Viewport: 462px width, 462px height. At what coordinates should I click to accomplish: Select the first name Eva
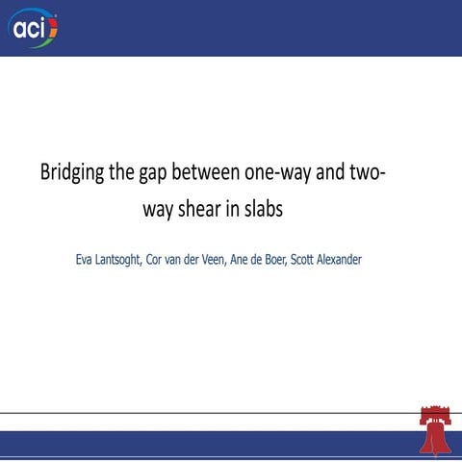point(86,260)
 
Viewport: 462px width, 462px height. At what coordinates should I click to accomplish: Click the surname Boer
point(311,260)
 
